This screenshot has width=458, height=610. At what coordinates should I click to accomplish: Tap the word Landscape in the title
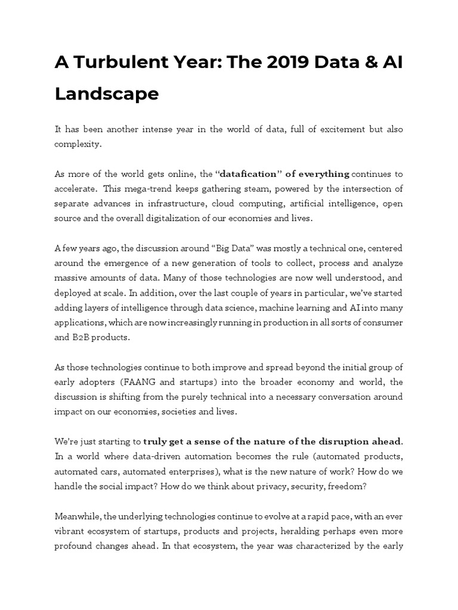pos(107,94)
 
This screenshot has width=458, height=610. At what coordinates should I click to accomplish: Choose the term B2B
pos(84,338)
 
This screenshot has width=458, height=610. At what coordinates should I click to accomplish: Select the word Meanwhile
pos(81,516)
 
